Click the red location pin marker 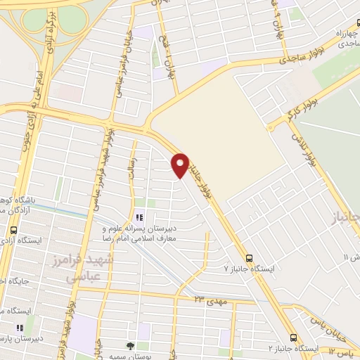(x=181, y=165)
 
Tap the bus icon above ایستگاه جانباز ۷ (x=249, y=257)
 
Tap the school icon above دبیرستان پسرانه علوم (x=139, y=217)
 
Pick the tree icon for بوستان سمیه (x=130, y=345)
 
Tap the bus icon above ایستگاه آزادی (x=14, y=230)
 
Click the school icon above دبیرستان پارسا (x=20, y=327)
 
